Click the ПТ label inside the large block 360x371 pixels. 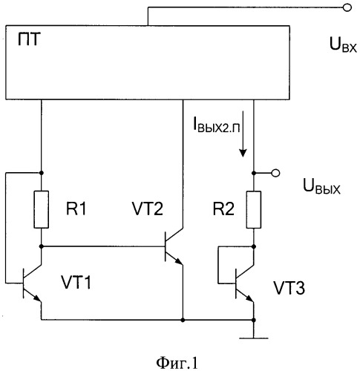[29, 40]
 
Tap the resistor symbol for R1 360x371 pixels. [42, 209]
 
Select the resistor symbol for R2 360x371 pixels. [254, 209]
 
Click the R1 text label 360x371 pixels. [76, 209]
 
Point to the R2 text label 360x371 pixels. [223, 209]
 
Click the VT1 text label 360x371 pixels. [76, 282]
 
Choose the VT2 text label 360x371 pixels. [148, 209]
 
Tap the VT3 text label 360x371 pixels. [289, 288]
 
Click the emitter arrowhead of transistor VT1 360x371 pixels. [38, 298]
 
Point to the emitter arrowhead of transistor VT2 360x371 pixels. [179, 262]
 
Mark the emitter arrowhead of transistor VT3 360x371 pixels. [250, 299]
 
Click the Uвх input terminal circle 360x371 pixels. [347, 7]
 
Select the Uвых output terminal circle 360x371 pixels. [275, 173]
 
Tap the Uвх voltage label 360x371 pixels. [344, 45]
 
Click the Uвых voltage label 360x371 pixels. [321, 186]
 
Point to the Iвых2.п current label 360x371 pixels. [217, 125]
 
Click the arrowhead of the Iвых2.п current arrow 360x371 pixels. [243, 153]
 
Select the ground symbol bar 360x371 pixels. [254, 338]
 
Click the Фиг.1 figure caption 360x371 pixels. [177, 363]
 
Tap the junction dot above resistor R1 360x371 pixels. [42, 173]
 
